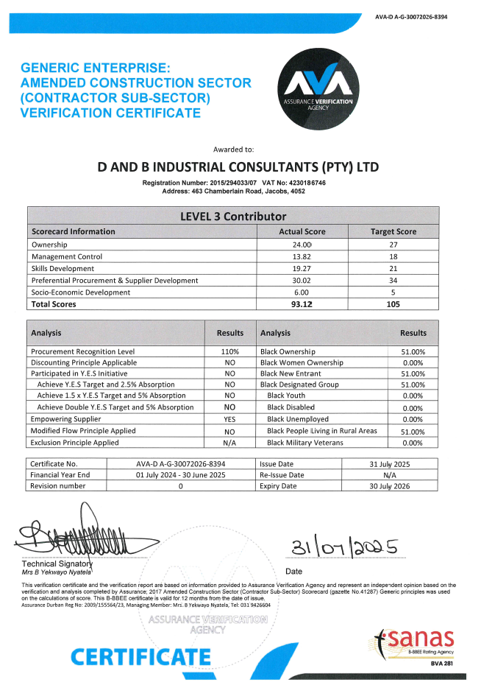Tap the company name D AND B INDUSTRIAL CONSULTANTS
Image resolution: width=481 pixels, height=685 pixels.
239,167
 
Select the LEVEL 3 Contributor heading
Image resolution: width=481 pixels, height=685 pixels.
232,216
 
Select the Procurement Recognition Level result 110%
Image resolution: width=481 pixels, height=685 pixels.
229,352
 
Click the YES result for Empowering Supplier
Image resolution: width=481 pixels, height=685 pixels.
229,419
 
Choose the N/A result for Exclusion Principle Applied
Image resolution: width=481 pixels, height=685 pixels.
229,443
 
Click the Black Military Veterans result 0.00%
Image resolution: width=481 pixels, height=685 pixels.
413,443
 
